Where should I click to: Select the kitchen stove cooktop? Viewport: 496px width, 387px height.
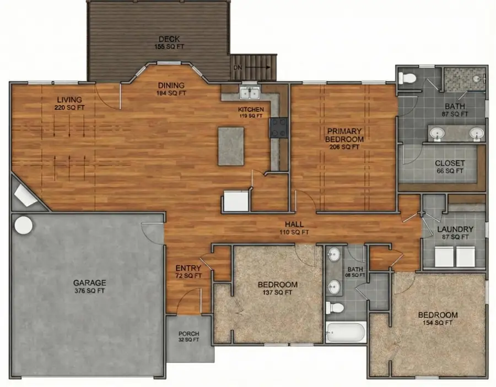tap(278, 128)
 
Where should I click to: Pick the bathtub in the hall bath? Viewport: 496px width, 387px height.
tap(345, 332)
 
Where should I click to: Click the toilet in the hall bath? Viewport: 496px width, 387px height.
tap(335, 307)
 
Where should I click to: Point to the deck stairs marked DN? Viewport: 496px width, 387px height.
tap(252, 67)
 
